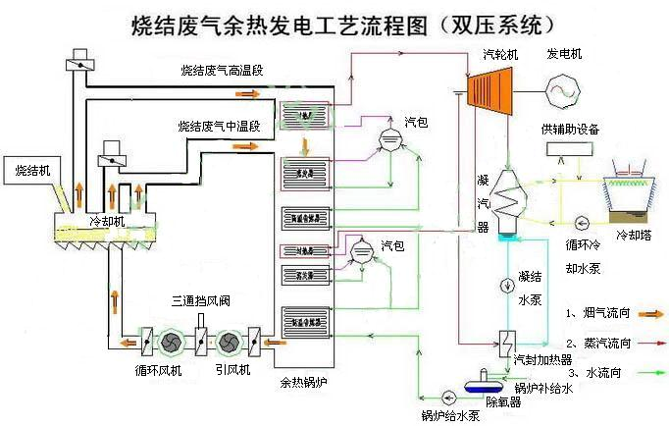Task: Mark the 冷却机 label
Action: [107, 221]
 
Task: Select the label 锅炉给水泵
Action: [450, 415]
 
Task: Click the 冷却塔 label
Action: [635, 237]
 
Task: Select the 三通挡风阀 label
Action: [201, 299]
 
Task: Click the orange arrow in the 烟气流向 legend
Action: [648, 312]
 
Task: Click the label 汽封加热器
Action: [539, 359]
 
